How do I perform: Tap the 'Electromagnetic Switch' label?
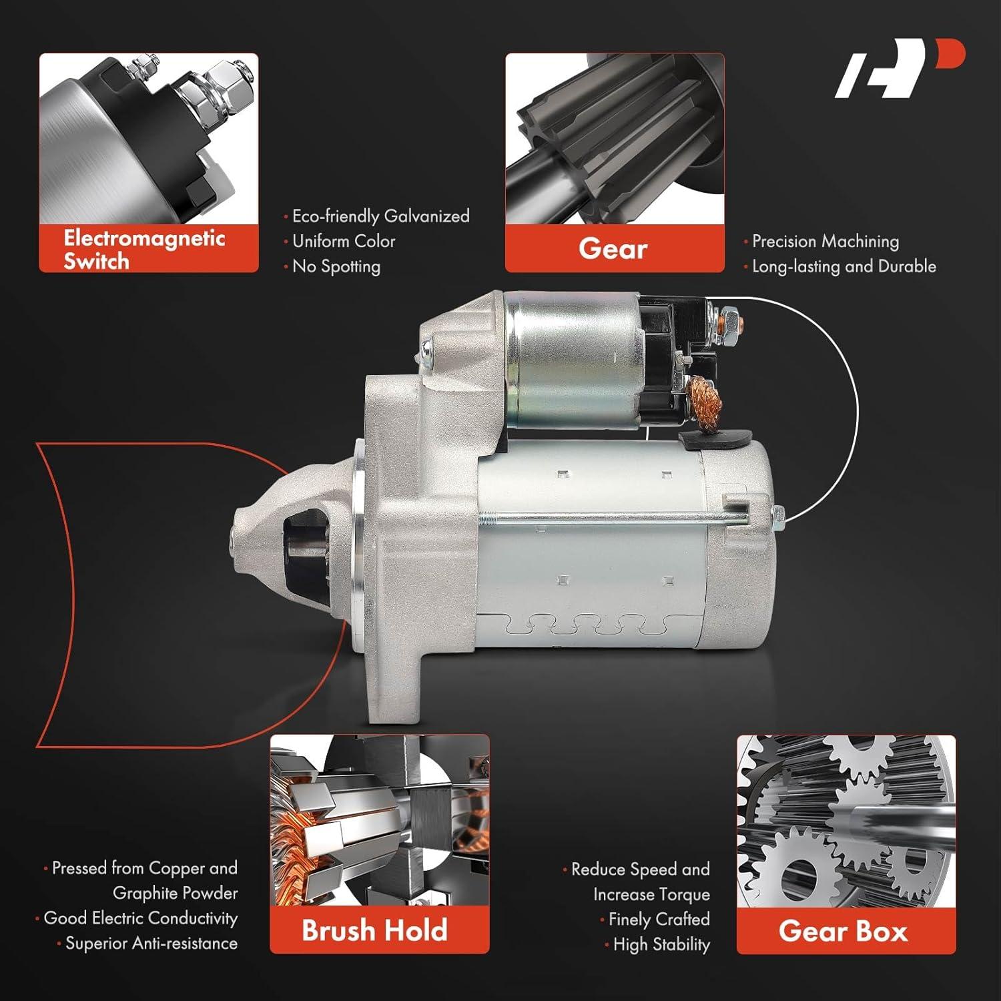tap(144, 249)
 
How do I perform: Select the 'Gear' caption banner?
tap(613, 249)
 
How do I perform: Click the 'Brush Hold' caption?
tap(374, 930)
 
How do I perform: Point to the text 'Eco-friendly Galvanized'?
tap(380, 216)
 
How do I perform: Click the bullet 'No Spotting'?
tap(336, 266)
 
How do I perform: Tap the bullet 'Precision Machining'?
tap(825, 241)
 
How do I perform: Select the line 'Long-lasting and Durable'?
tap(844, 266)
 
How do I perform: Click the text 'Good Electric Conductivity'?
tap(140, 918)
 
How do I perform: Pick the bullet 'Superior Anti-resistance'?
tap(151, 943)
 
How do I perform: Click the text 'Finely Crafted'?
tap(659, 919)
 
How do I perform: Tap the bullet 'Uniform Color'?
tap(344, 241)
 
